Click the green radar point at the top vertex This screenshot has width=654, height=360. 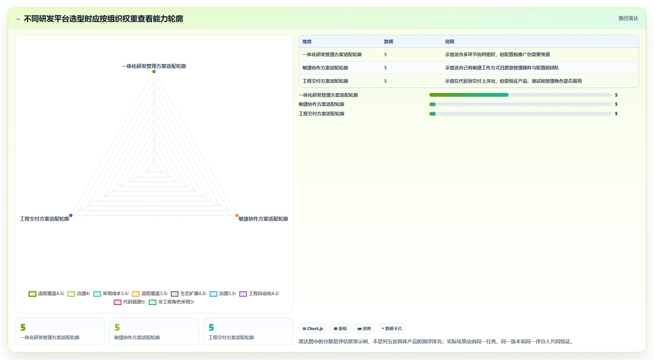point(154,71)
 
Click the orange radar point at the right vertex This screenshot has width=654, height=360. point(237,215)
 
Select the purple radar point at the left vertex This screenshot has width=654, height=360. point(71,215)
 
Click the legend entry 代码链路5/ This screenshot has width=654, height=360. point(129,302)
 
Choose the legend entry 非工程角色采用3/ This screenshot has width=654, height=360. point(172,302)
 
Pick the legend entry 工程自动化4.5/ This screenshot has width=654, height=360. point(259,294)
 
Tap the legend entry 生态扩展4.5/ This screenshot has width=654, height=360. point(189,294)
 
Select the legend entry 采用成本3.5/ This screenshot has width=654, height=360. point(111,294)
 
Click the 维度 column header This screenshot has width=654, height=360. point(307,42)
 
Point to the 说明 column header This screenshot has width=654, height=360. point(450,42)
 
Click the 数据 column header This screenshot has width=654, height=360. point(389,42)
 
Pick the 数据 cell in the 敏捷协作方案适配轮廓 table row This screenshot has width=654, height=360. point(385,68)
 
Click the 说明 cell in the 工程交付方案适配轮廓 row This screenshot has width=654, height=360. point(514,81)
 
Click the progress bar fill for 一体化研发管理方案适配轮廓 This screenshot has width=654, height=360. point(469,95)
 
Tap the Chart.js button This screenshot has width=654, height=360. point(313,329)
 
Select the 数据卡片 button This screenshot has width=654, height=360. point(392,329)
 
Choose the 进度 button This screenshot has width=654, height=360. point(364,329)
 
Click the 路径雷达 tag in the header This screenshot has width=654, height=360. point(629,18)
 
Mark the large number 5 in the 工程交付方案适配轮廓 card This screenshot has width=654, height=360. point(211,327)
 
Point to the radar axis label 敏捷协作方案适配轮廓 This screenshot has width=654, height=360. point(263,219)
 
